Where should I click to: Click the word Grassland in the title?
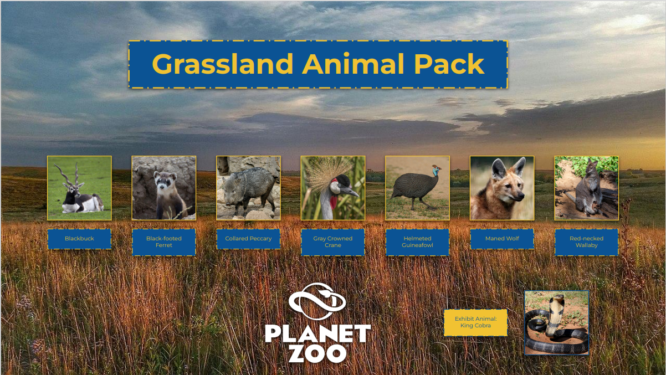coord(222,64)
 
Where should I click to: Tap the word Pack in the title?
coord(449,64)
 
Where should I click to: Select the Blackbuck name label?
coord(79,239)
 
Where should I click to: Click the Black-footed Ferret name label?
coord(164,242)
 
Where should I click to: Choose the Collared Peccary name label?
coord(248,239)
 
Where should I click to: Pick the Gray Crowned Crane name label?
coord(332,242)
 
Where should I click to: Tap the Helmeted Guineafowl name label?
coord(417,242)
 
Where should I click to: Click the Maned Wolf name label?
coord(502,239)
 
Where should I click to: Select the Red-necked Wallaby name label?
coord(586,242)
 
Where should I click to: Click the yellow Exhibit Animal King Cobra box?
coord(475,322)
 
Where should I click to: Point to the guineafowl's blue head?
coord(436,171)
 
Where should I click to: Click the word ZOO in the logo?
coord(317,353)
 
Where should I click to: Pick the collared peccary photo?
coord(248,188)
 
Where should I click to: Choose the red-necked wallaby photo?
coord(586,188)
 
